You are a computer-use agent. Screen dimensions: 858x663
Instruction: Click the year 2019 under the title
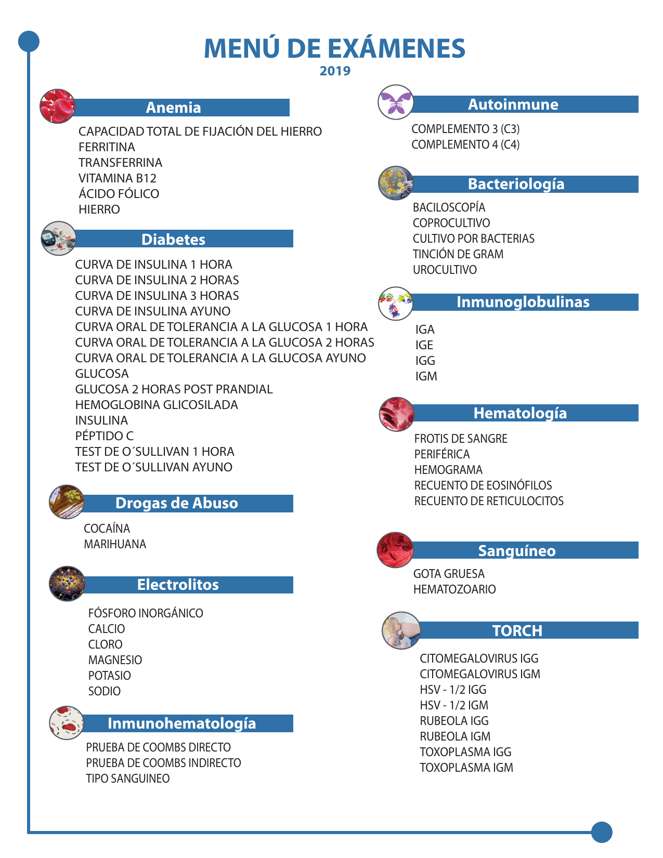335,71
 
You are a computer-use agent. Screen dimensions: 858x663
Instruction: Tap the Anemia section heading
173,108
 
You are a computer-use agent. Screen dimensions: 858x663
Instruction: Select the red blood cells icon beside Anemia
57,106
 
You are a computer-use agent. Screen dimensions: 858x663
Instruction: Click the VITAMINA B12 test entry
118,178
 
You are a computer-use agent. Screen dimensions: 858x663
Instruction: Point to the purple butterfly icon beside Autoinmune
395,102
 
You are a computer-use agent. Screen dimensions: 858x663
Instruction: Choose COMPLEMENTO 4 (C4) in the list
465,144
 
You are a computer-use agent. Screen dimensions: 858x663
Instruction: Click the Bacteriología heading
516,184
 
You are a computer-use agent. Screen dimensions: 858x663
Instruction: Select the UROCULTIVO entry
445,270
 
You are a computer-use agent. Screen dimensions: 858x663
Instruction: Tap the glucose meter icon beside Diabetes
58,239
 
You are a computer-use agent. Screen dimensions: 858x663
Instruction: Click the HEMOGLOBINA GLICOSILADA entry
157,405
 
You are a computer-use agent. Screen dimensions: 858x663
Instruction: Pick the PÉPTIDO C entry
104,436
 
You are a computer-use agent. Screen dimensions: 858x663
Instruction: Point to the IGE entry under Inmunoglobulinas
424,345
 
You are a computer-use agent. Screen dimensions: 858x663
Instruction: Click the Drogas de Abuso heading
177,503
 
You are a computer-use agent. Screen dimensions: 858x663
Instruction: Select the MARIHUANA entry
115,544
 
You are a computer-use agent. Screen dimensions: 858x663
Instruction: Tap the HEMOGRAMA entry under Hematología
448,470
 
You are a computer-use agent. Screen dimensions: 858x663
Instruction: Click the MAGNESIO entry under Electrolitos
115,660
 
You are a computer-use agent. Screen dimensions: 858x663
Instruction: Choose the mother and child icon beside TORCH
401,630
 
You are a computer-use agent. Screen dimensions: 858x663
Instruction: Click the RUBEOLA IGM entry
455,736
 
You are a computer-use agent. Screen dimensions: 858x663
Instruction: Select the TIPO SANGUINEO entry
128,778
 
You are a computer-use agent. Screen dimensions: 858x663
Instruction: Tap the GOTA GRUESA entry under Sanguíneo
449,574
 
